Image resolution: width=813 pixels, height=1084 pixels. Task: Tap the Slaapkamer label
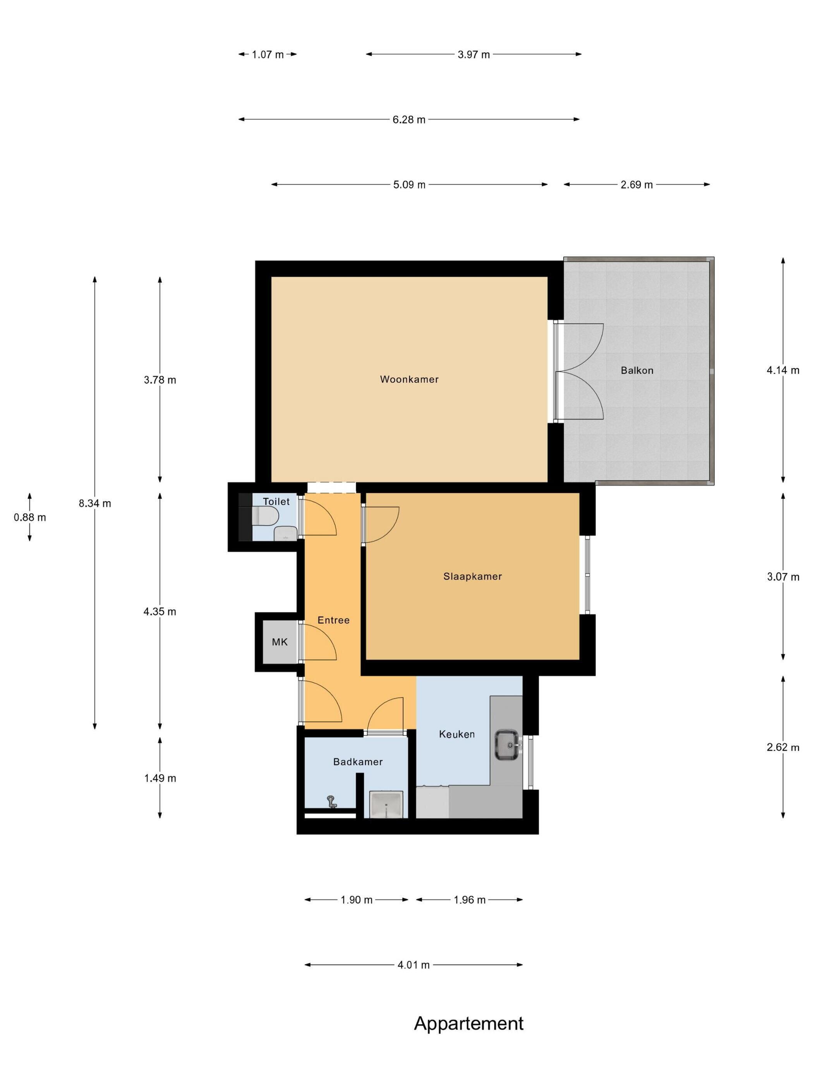(x=472, y=576)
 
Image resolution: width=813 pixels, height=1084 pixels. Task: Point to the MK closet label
(x=280, y=642)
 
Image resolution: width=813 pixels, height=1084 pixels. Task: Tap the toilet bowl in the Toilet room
(x=265, y=516)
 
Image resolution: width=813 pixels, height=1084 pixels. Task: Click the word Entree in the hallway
(x=333, y=621)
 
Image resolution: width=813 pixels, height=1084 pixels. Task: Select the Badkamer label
(x=358, y=762)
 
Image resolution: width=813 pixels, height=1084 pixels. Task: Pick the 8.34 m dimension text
(x=95, y=503)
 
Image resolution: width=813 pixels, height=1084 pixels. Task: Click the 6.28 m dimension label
(x=409, y=120)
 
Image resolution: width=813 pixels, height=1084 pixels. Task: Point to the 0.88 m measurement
(x=30, y=518)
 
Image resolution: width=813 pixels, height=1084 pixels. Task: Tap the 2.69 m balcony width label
(x=636, y=185)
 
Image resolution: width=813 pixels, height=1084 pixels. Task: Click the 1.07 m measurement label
(x=268, y=55)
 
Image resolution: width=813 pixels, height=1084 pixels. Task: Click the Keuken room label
(x=457, y=734)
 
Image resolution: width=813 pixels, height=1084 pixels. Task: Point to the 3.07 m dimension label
(x=783, y=577)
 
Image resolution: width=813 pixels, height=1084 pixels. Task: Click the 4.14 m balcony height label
(x=783, y=370)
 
